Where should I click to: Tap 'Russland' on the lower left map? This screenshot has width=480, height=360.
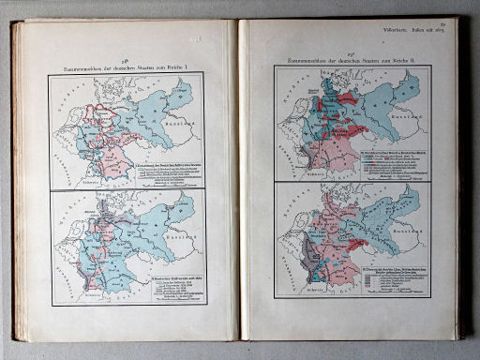pyautogui.click(x=179, y=240)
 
